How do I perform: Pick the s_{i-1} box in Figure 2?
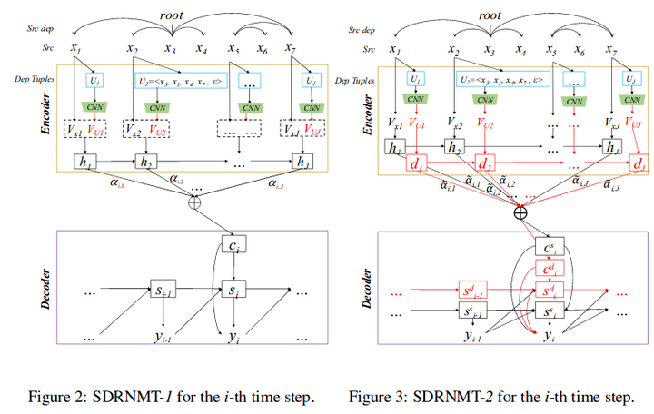click(x=164, y=292)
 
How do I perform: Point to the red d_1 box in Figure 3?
click(x=420, y=164)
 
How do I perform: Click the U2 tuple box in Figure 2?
click(x=180, y=81)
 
